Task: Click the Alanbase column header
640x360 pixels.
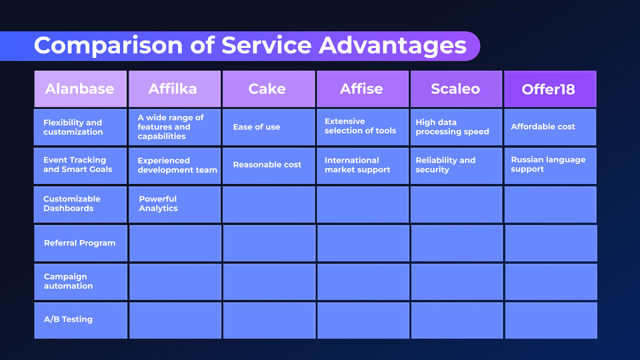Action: (x=80, y=89)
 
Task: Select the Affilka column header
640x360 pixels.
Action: (x=174, y=89)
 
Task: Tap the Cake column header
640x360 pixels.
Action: (x=268, y=89)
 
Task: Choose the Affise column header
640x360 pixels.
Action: (x=362, y=89)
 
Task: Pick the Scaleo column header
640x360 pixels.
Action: (x=456, y=89)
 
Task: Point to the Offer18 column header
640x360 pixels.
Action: (x=550, y=89)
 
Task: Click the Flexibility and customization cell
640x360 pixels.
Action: (x=80, y=127)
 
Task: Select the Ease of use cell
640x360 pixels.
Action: (x=268, y=127)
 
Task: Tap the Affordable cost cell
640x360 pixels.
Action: (x=550, y=127)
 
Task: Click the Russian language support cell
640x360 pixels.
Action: (x=550, y=166)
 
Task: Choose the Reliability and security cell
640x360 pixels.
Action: (x=456, y=166)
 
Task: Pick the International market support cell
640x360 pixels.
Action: (x=362, y=166)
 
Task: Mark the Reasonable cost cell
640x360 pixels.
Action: (x=268, y=166)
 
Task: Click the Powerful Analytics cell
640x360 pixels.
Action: (x=174, y=204)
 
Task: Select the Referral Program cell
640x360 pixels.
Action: (x=80, y=243)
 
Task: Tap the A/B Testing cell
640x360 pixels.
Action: (x=80, y=320)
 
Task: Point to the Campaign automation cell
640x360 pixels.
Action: (x=80, y=282)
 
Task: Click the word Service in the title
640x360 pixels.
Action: (x=266, y=45)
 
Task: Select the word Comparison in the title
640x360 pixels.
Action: (x=108, y=46)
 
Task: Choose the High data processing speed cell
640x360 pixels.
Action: (x=456, y=127)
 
